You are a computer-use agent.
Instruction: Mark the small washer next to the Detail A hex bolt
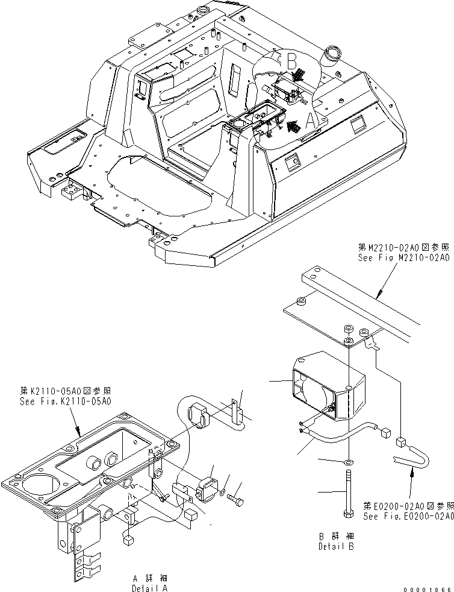[x=223, y=493]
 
